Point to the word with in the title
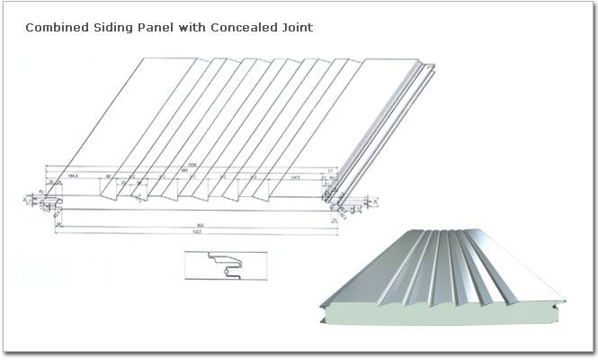(x=191, y=28)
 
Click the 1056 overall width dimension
(x=192, y=165)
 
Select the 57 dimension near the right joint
(x=331, y=170)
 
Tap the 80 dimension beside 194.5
(x=109, y=177)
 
